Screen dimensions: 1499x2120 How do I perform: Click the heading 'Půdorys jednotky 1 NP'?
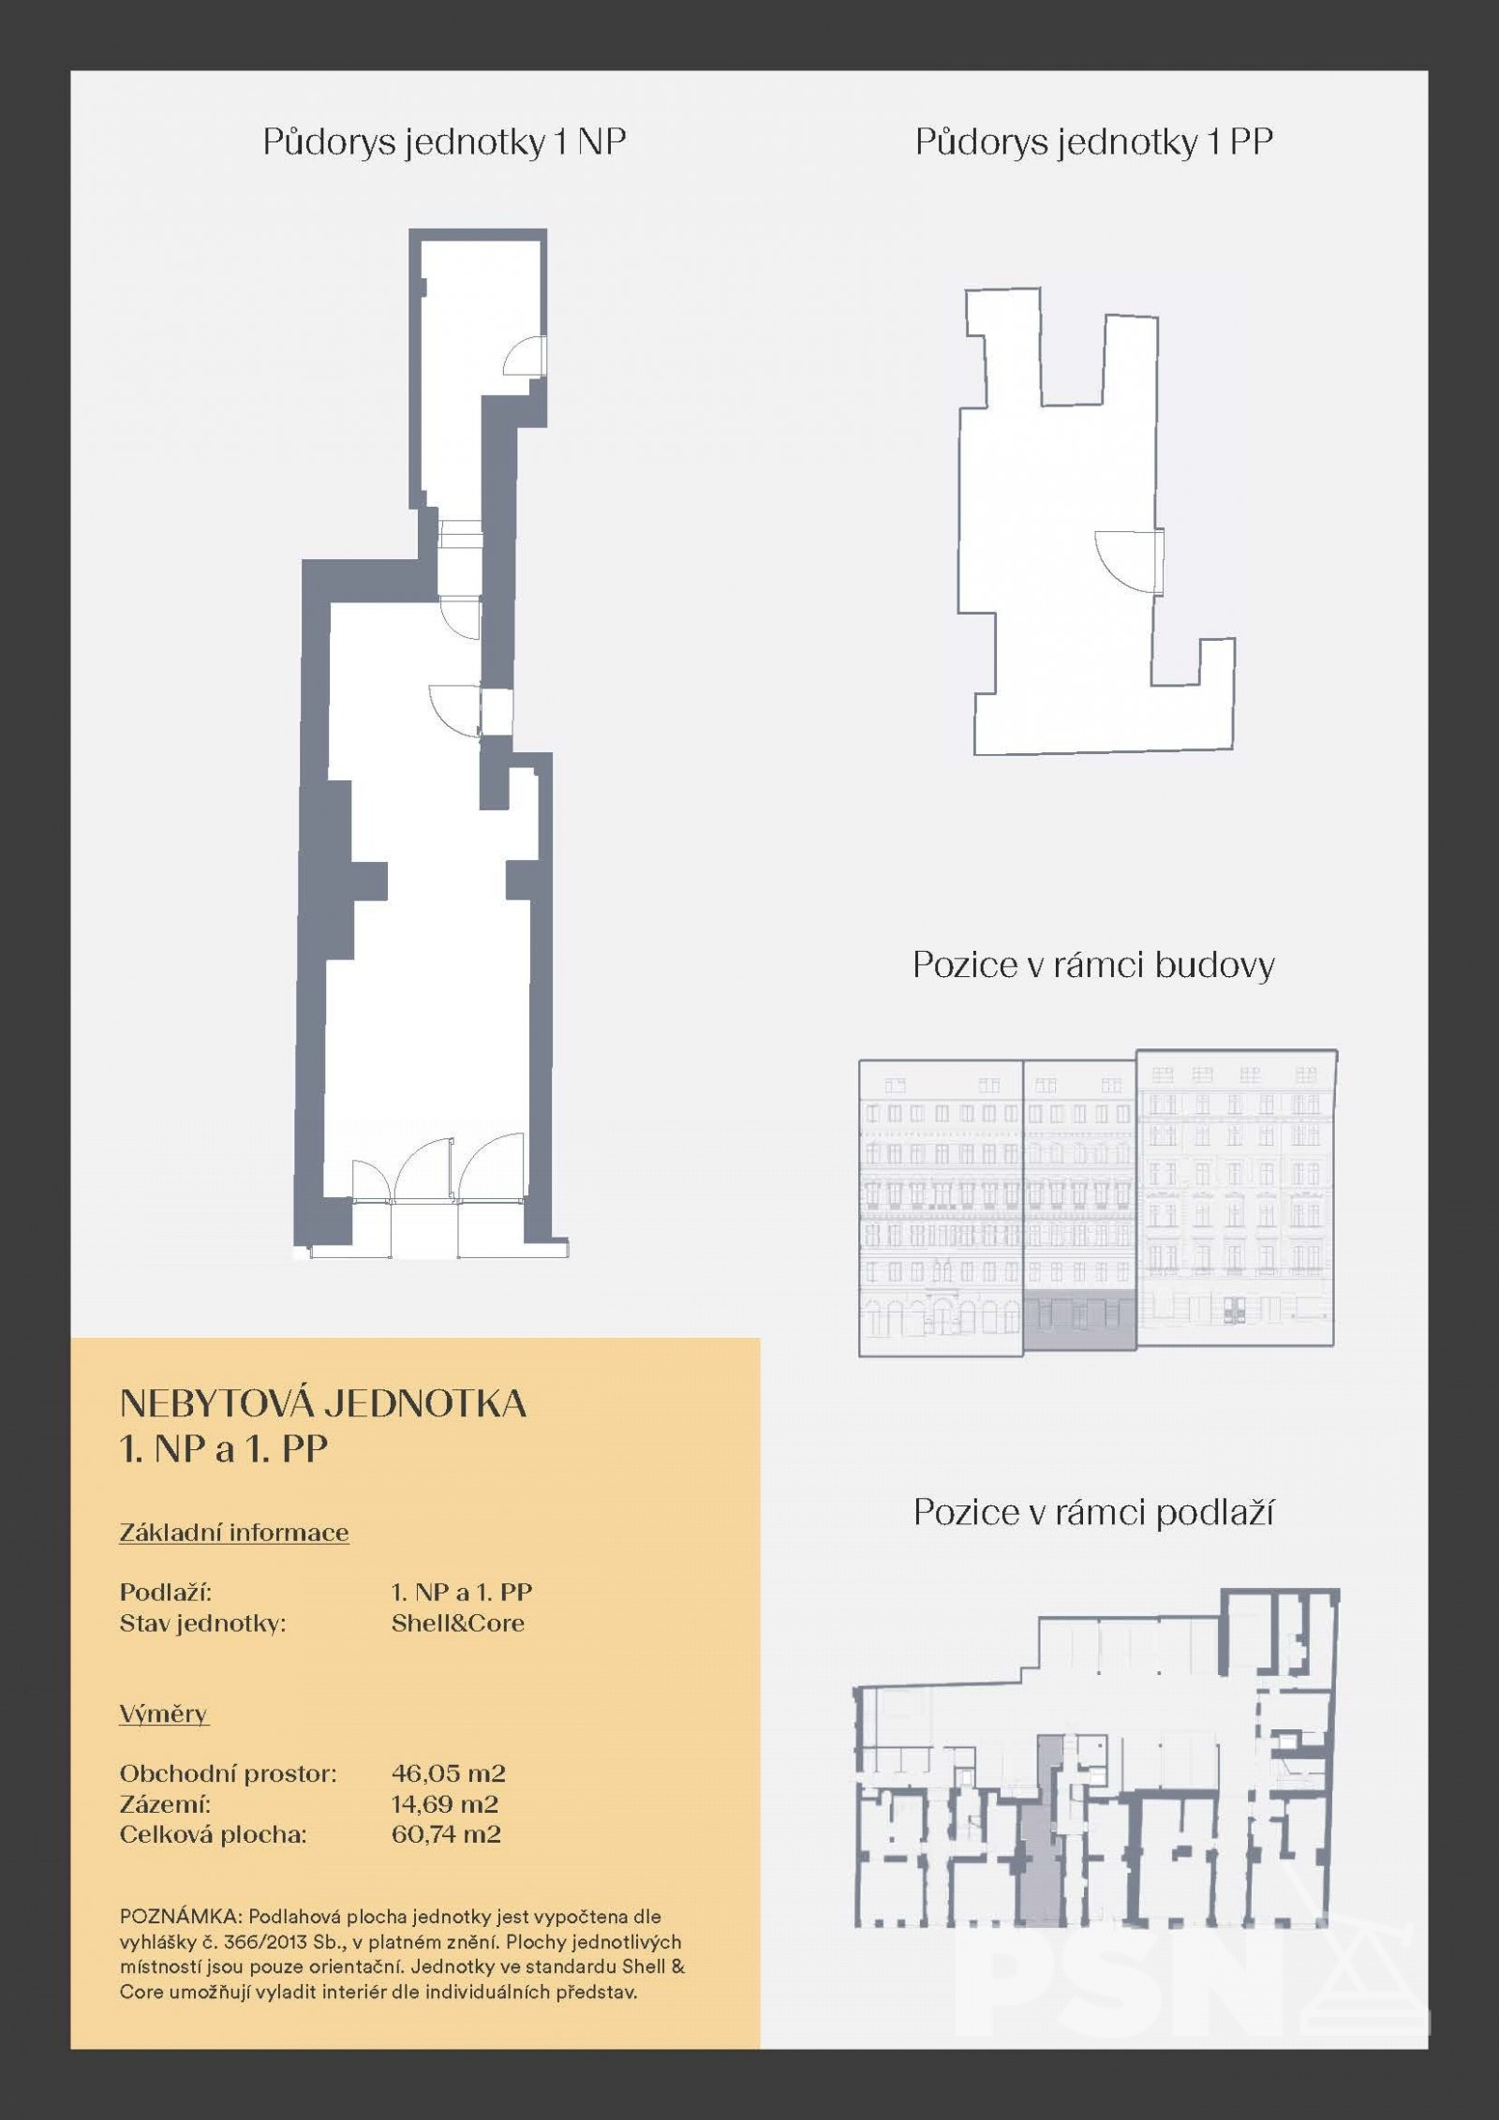pyautogui.click(x=444, y=142)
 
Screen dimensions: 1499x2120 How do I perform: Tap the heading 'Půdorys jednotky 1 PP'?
pyautogui.click(x=1094, y=142)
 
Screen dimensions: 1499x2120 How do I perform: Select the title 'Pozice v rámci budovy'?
pyautogui.click(x=1094, y=966)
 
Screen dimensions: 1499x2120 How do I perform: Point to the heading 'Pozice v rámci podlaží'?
pyautogui.click(x=1094, y=1512)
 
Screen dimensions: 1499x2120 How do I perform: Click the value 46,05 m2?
pyautogui.click(x=449, y=1773)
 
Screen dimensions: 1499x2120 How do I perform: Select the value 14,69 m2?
pyautogui.click(x=445, y=1803)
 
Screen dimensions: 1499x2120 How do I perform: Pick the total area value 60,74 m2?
pyautogui.click(x=446, y=1833)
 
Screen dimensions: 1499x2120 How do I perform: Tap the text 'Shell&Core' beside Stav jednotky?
pyautogui.click(x=458, y=1623)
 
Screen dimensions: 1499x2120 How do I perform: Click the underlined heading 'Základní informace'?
pyautogui.click(x=234, y=1534)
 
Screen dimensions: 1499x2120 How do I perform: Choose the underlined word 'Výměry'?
pyautogui.click(x=164, y=1714)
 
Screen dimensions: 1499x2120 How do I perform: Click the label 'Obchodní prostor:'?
pyautogui.click(x=228, y=1773)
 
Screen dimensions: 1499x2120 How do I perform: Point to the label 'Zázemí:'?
pyautogui.click(x=165, y=1803)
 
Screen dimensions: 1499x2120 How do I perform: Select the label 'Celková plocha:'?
pyautogui.click(x=214, y=1833)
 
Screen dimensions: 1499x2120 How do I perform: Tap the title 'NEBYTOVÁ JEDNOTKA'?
pyautogui.click(x=323, y=1404)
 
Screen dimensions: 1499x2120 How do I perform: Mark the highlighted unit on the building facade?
pyautogui.click(x=1079, y=1323)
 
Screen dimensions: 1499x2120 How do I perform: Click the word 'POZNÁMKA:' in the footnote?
pyautogui.click(x=181, y=1917)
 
